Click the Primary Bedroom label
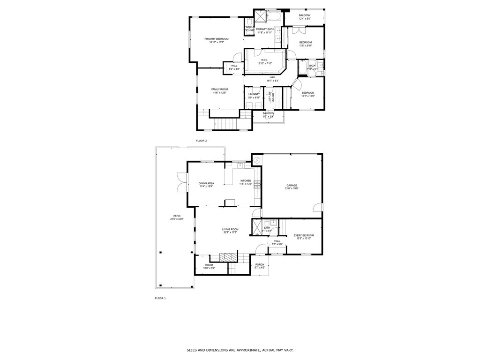tap(217, 39)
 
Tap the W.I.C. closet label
tap(264, 60)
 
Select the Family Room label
tap(219, 90)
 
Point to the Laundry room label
tap(254, 94)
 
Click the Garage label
tap(292, 186)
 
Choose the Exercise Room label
tap(304, 235)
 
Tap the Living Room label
tap(230, 229)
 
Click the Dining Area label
tap(206, 183)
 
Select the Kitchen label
tap(246, 181)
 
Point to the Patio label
tap(177, 216)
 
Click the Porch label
tap(260, 265)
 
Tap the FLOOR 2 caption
tap(201, 141)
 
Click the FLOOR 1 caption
tap(160, 298)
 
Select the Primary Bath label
tap(264, 30)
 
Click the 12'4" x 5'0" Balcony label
tap(305, 15)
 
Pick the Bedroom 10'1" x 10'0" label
tap(307, 93)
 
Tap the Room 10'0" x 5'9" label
tap(209, 265)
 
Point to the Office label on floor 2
tap(272, 97)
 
